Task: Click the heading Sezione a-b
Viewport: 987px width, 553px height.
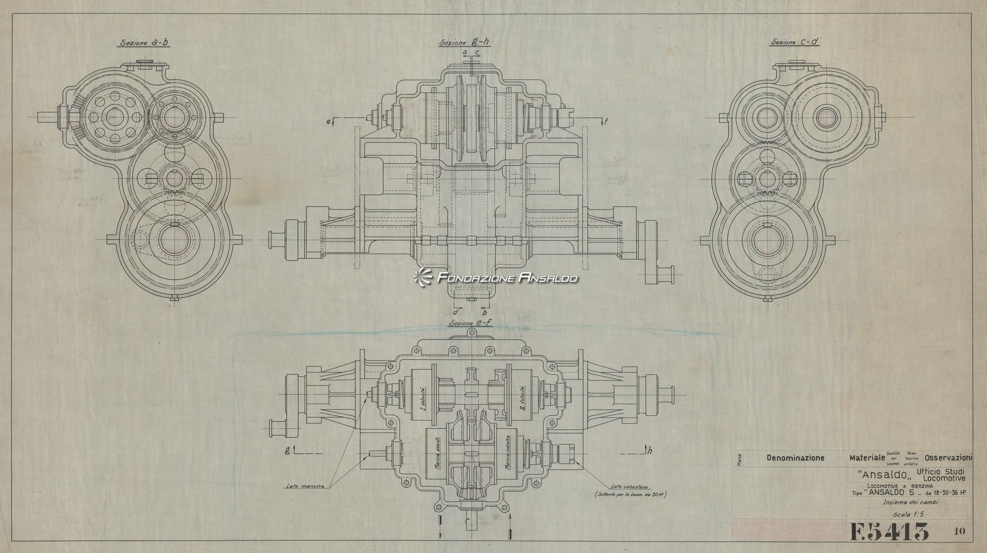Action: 144,43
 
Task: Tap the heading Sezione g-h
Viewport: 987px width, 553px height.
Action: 464,43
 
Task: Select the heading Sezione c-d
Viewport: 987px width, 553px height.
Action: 795,42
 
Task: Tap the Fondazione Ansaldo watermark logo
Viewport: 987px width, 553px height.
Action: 496,278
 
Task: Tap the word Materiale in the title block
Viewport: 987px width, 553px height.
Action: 866,458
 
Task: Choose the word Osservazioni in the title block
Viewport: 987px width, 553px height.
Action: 948,457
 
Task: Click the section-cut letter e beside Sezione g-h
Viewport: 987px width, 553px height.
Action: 329,121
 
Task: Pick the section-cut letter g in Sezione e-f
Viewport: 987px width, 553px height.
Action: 287,450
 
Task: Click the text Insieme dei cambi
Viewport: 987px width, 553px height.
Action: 910,503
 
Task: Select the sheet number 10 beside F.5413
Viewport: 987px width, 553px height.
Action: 959,531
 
